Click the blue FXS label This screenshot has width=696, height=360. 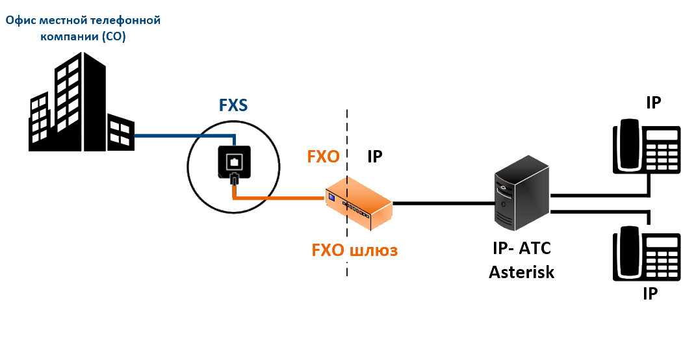click(x=233, y=105)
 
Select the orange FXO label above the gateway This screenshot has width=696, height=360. click(x=323, y=157)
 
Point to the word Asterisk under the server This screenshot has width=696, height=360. click(x=521, y=271)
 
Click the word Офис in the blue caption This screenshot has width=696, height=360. click(x=20, y=21)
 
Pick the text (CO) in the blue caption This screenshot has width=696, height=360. click(x=113, y=36)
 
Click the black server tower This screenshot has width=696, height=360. click(x=521, y=195)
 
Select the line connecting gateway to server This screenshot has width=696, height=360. click(x=442, y=203)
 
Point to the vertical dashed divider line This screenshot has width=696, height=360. click(x=347, y=130)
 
